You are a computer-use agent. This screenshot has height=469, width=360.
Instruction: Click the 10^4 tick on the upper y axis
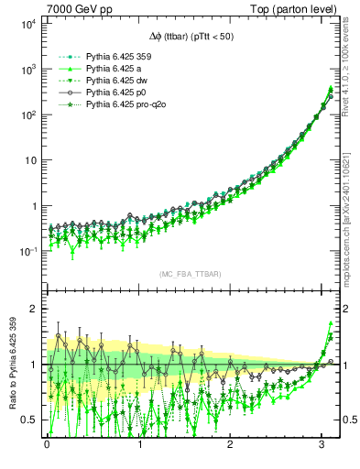27,24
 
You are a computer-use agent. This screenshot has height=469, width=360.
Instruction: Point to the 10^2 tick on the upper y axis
27,115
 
